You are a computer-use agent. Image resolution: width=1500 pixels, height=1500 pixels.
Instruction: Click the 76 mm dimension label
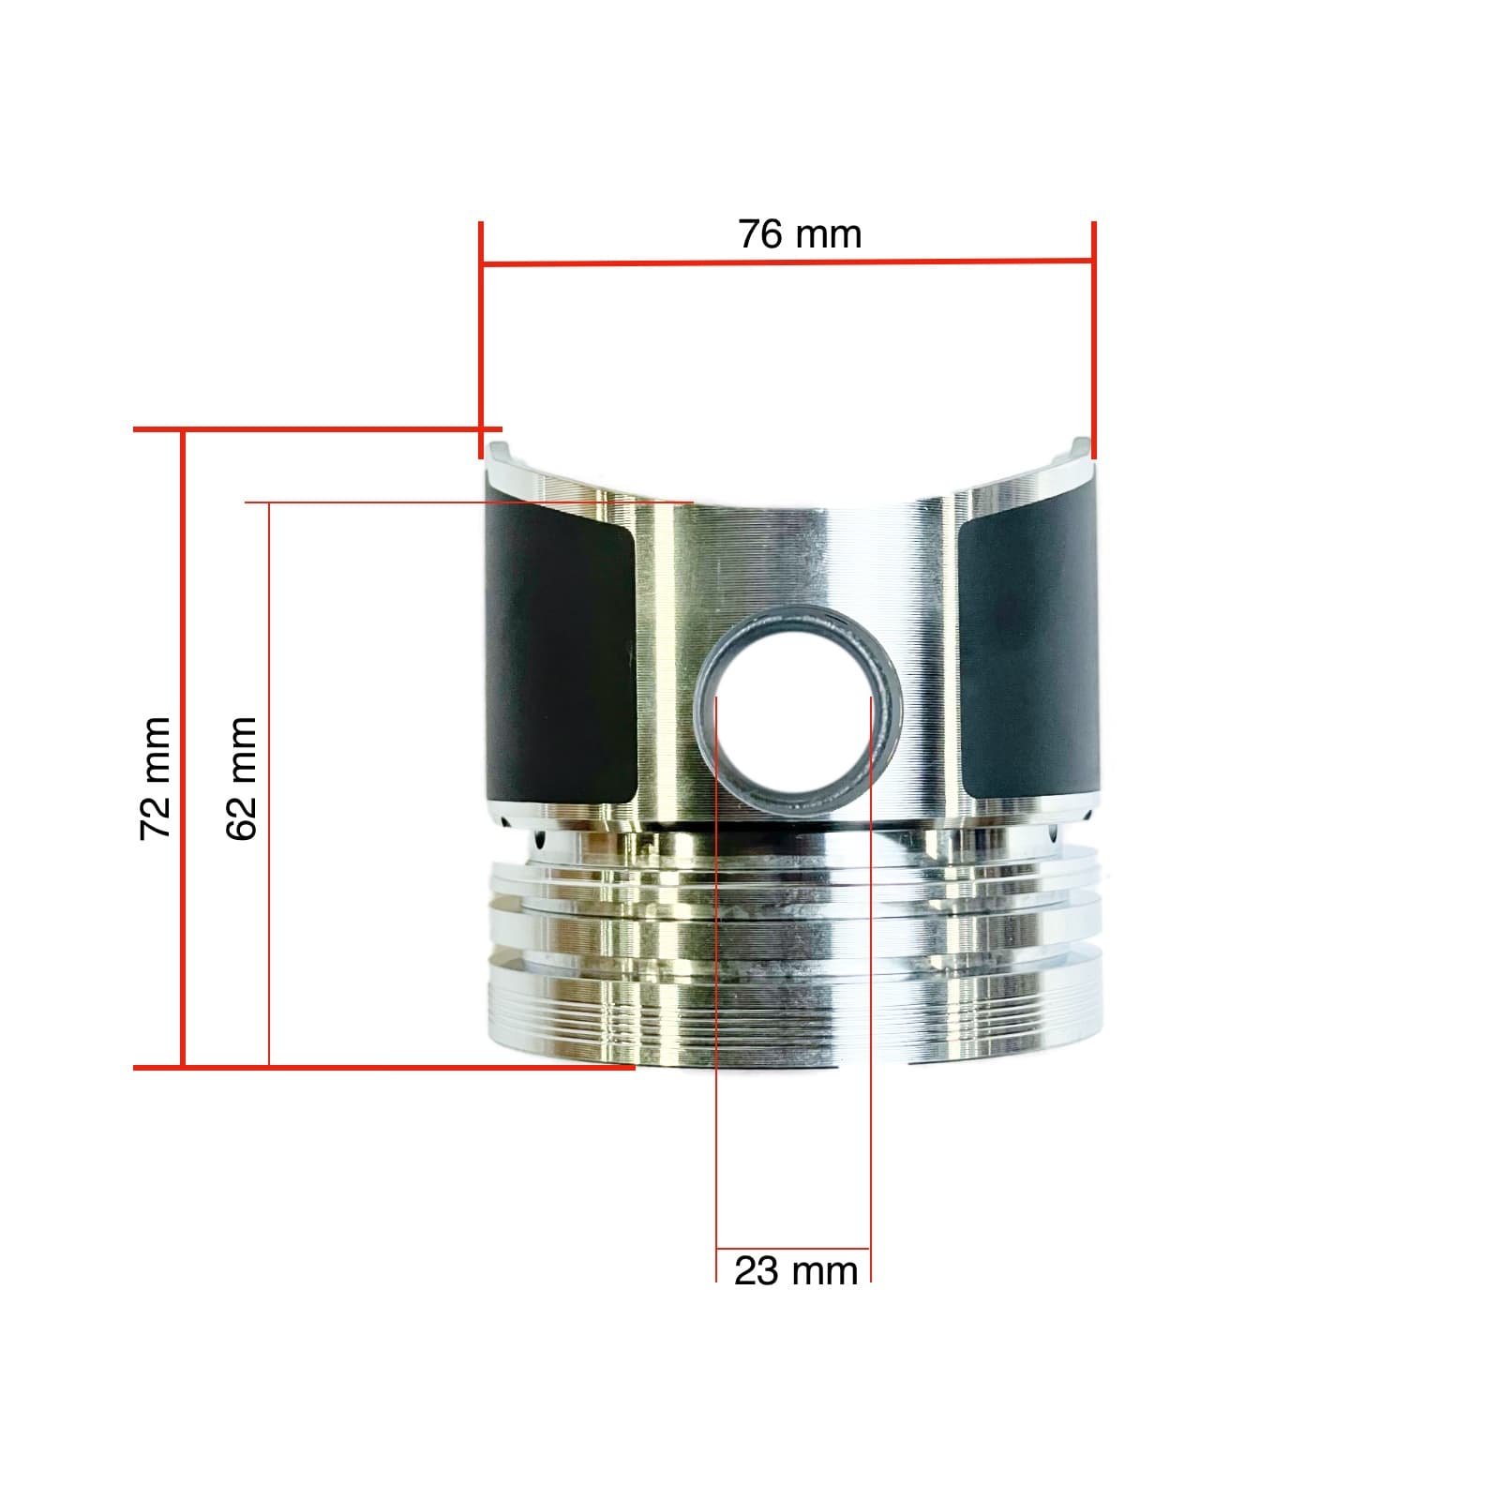pyautogui.click(x=800, y=234)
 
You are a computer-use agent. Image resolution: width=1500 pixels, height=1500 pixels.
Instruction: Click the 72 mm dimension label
pyautogui.click(x=156, y=778)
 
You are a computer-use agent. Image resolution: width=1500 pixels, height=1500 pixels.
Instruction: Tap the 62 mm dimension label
pyautogui.click(x=242, y=778)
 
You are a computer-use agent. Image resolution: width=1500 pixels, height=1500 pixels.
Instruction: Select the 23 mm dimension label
pyautogui.click(x=795, y=1272)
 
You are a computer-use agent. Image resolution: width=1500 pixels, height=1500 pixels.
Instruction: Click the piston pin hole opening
pyautogui.click(x=794, y=722)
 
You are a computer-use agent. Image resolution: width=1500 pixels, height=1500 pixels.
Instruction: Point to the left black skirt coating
pyautogui.click(x=561, y=656)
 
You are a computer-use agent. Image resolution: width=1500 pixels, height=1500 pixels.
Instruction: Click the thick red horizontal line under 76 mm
pyautogui.click(x=787, y=262)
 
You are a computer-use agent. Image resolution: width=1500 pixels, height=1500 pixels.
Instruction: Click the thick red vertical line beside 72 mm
pyautogui.click(x=183, y=750)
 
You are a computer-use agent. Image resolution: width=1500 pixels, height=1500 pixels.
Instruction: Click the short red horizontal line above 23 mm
pyautogui.click(x=793, y=1249)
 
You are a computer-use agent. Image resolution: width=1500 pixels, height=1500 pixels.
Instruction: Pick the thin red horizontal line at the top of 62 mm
pyautogui.click(x=469, y=502)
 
